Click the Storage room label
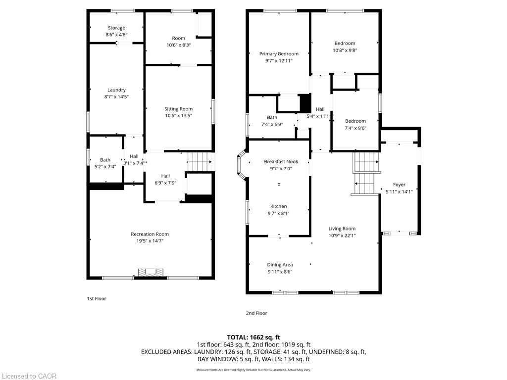point(116,28)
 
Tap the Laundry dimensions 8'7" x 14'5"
point(116,96)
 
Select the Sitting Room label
point(178,109)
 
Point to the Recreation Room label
point(150,234)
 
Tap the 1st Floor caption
point(97,298)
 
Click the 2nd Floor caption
point(256,313)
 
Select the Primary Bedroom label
point(279,53)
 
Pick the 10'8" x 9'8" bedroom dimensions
point(345,50)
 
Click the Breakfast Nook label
point(281,162)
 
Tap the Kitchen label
point(278,206)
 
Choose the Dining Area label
point(280,265)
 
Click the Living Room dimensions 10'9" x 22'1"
point(342,236)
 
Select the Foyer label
point(399,185)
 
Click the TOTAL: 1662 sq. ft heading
point(253,337)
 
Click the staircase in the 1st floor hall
point(200,162)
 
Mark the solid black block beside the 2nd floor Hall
point(305,103)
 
